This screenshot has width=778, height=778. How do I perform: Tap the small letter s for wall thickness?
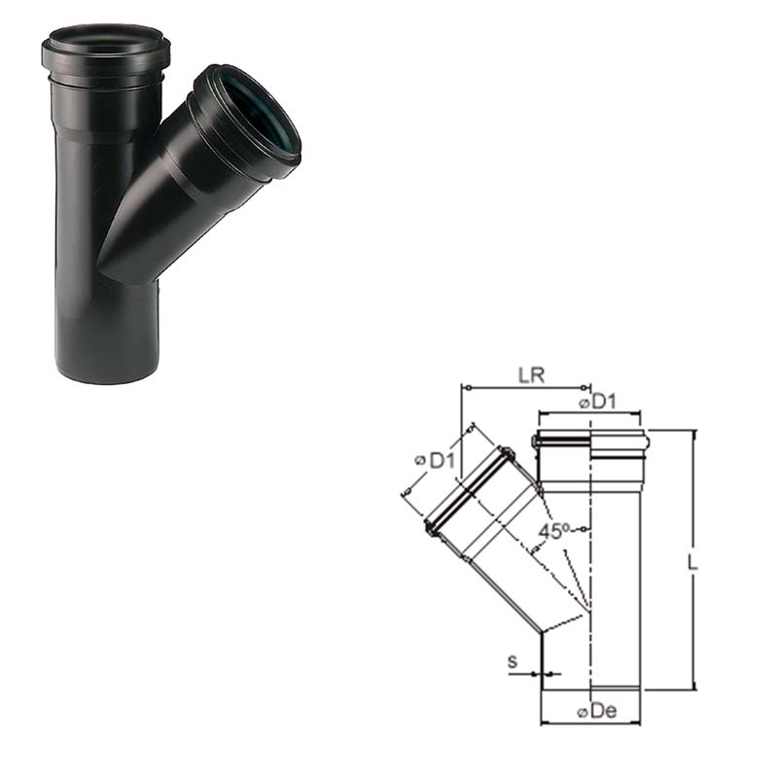pos(512,663)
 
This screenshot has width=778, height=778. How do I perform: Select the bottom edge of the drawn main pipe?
pos(591,690)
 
